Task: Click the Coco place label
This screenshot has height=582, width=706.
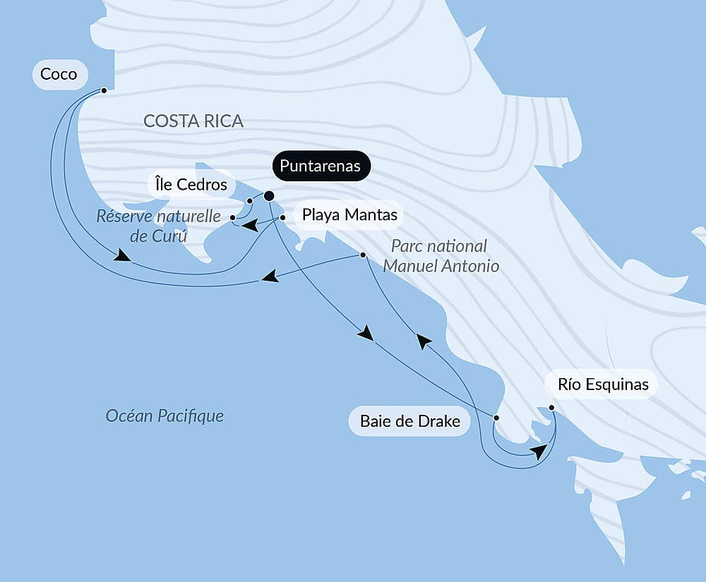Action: pyautogui.click(x=59, y=74)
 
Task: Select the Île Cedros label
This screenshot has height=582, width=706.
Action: pyautogui.click(x=191, y=186)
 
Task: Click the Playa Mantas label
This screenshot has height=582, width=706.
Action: pyautogui.click(x=349, y=214)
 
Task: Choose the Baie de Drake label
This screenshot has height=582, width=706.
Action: pyautogui.click(x=409, y=422)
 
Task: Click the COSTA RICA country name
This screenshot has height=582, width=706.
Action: pyautogui.click(x=193, y=121)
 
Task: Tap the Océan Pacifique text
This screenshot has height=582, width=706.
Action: pyautogui.click(x=164, y=416)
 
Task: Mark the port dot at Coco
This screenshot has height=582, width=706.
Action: pyautogui.click(x=104, y=90)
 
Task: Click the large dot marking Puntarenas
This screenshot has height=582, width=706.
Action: pyautogui.click(x=268, y=196)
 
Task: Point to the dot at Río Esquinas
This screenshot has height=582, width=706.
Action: pyautogui.click(x=551, y=408)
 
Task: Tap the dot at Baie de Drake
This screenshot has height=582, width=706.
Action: pyautogui.click(x=496, y=418)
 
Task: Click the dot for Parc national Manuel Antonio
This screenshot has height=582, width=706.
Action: pyautogui.click(x=363, y=255)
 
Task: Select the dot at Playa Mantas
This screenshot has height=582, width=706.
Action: pyautogui.click(x=282, y=218)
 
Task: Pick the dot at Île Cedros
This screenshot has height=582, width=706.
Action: pyautogui.click(x=250, y=201)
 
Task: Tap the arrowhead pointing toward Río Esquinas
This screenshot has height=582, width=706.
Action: pyautogui.click(x=540, y=451)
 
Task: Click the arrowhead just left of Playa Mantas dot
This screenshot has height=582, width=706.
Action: pyautogui.click(x=249, y=226)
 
